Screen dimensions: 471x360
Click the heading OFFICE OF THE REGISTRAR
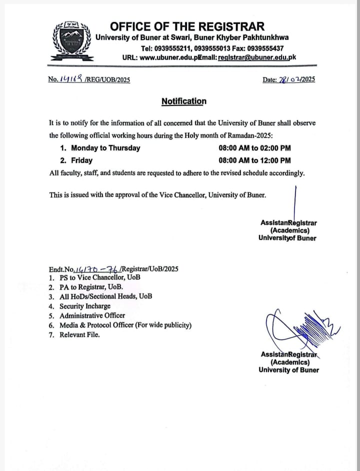pos(187,26)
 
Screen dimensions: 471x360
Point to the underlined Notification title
pos(183,101)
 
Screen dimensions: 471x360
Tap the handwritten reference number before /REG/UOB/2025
pos(71,79)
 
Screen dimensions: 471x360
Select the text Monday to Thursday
pos(105,148)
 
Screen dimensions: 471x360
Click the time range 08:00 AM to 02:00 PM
pos(254,148)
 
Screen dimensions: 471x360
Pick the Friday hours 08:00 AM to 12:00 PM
pos(254,160)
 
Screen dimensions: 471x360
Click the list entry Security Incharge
pos(85,306)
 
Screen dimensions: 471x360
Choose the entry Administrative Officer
pos(92,315)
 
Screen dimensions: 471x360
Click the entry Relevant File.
pos(79,334)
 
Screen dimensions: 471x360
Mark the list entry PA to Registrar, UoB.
pos(91,287)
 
